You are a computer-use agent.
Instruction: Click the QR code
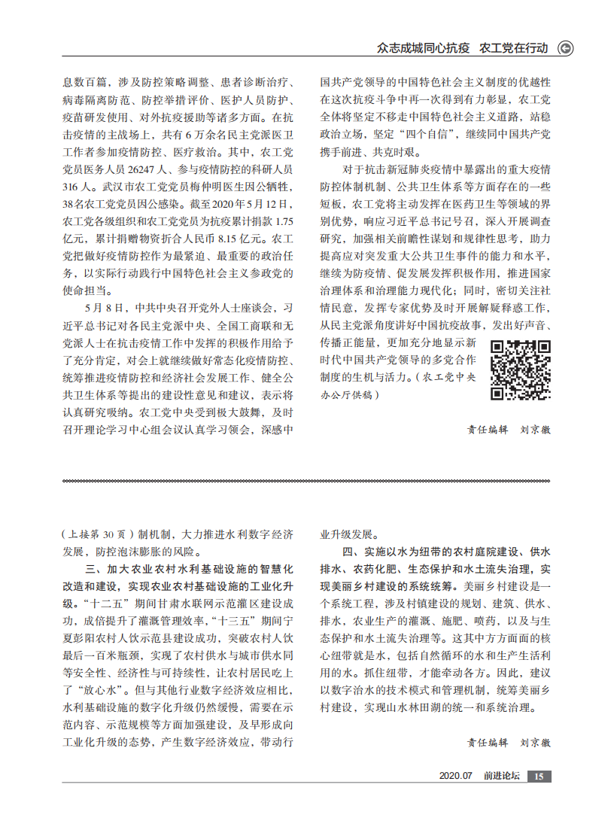[x=521, y=369]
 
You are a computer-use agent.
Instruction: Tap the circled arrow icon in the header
[x=564, y=48]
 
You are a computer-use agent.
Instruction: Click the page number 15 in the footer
[x=540, y=776]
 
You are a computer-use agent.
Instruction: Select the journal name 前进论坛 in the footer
[x=502, y=776]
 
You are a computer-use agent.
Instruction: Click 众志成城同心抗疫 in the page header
[x=423, y=48]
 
